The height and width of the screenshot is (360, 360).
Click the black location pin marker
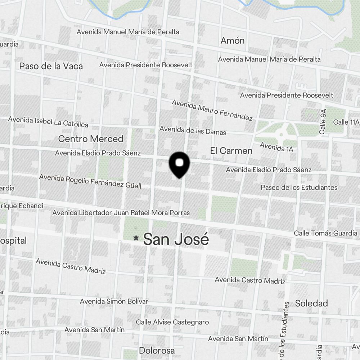(179, 164)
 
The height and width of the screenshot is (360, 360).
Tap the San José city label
(176, 239)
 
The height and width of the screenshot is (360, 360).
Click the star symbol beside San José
(136, 238)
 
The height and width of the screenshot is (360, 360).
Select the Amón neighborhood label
(233, 41)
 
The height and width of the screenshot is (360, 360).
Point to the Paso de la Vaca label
(51, 66)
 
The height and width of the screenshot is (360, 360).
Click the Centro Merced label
(90, 139)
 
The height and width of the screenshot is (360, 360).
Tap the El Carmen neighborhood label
(231, 151)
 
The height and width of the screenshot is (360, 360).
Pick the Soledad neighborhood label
(311, 303)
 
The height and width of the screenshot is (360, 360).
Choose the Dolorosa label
(157, 351)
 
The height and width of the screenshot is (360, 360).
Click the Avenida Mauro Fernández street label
(212, 110)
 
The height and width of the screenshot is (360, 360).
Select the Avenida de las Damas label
(193, 130)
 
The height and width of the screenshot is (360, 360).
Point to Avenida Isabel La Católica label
(48, 122)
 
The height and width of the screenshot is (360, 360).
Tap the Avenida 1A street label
(276, 147)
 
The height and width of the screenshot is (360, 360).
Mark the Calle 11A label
(346, 122)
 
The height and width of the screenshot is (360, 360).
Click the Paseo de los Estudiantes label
(299, 188)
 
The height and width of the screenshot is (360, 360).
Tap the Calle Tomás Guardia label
(325, 233)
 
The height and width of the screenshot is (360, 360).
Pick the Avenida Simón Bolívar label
(114, 301)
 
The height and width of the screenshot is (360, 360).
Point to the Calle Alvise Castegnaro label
(172, 322)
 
